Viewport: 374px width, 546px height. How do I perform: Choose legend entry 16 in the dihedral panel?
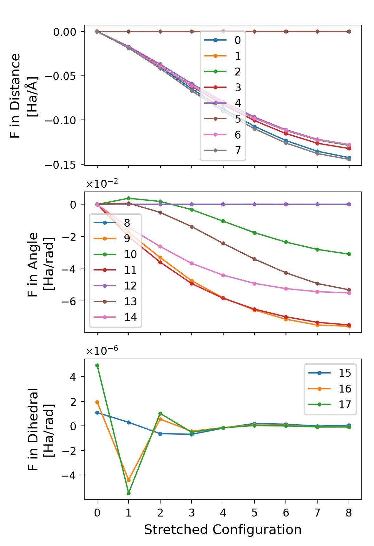(330, 389)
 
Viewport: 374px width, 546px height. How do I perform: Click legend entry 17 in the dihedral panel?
(330, 405)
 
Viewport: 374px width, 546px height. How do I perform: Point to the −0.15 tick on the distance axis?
(60, 165)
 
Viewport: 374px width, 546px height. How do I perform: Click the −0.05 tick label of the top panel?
(60, 76)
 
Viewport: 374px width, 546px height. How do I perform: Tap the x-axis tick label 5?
(254, 513)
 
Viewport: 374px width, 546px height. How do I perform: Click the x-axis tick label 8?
(349, 513)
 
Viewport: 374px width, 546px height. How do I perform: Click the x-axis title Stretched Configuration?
(223, 530)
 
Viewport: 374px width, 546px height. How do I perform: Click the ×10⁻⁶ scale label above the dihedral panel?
(102, 350)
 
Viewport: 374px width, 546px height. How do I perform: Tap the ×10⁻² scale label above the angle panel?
(102, 184)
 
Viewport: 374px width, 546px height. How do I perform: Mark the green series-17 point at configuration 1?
(128, 493)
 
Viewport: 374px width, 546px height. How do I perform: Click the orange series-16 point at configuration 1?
(128, 480)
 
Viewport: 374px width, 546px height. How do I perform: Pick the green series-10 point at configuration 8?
(349, 254)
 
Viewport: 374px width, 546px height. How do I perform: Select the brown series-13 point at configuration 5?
(254, 259)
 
